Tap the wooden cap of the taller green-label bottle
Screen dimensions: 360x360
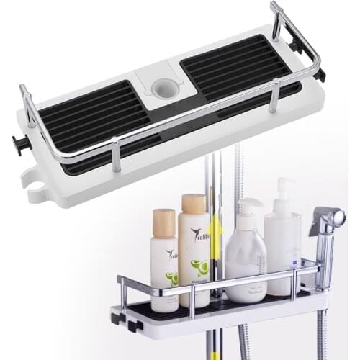[193, 204]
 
